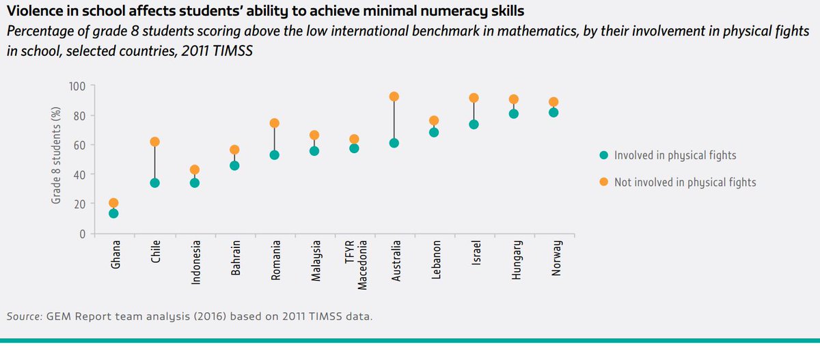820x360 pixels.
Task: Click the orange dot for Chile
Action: (x=154, y=141)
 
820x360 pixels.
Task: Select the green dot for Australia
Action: (x=394, y=143)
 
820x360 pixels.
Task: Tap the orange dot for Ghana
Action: (x=113, y=203)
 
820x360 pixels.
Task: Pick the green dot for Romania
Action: (x=274, y=155)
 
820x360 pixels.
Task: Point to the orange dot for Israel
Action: (x=474, y=98)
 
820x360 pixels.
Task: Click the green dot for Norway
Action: (x=553, y=112)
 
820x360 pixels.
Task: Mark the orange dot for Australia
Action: (x=394, y=96)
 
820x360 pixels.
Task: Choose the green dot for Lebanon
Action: (x=434, y=132)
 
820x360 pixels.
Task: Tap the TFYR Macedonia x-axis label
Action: (x=359, y=260)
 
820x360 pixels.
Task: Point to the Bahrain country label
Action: (x=234, y=258)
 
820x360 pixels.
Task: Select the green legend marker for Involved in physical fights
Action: (x=603, y=155)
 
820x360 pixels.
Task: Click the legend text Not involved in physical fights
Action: (x=685, y=182)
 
